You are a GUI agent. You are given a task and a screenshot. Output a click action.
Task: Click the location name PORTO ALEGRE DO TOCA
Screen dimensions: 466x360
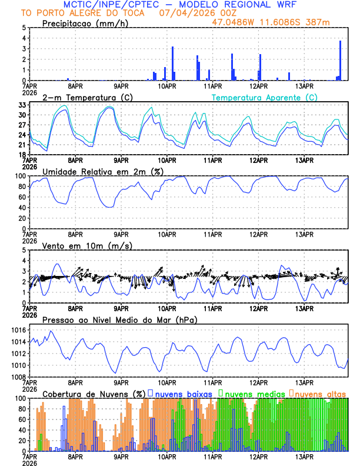click(x=92, y=13)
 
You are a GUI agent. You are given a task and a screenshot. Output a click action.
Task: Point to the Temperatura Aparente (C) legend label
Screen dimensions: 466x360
click(x=264, y=97)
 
